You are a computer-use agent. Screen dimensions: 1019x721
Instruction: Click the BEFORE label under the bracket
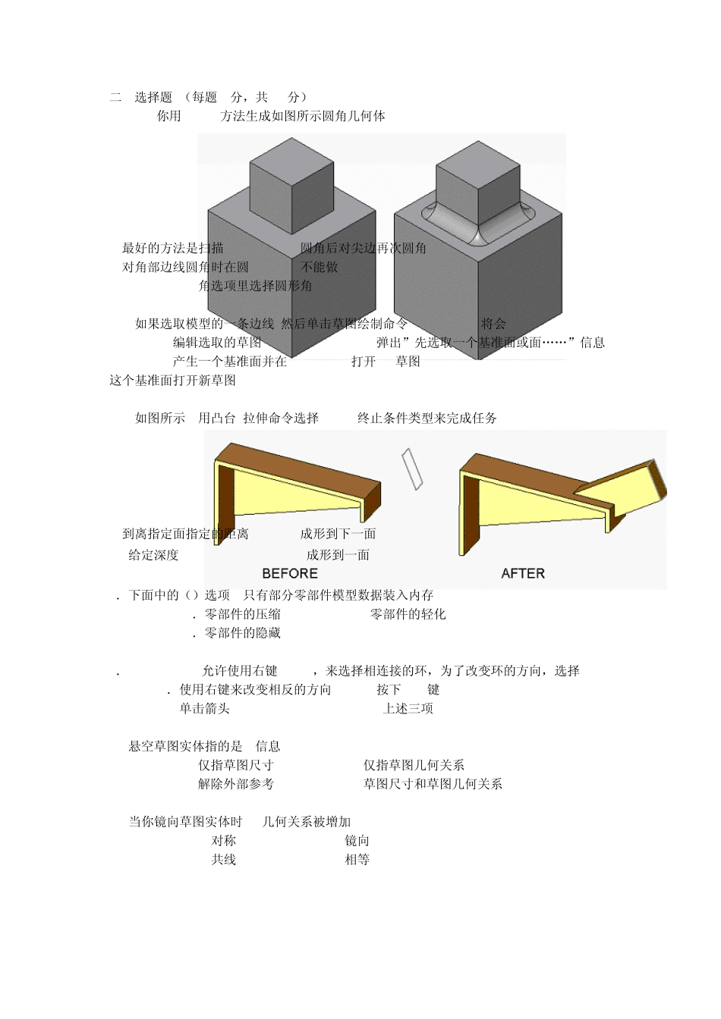tap(290, 573)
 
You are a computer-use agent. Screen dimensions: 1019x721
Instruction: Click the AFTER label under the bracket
tap(523, 573)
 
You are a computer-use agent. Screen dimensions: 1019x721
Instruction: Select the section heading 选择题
tap(153, 97)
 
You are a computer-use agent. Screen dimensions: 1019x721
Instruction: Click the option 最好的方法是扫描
tap(173, 248)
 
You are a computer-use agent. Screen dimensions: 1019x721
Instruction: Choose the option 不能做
tap(320, 267)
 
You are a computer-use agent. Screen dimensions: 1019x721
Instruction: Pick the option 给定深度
tap(153, 555)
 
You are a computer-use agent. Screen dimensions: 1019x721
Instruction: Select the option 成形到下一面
tap(338, 534)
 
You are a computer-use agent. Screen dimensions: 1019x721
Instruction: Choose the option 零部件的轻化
tap(408, 614)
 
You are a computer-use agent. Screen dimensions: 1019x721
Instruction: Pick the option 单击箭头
tap(204, 709)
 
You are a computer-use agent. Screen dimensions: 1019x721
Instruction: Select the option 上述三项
tap(408, 709)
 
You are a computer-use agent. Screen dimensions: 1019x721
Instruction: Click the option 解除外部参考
tap(236, 784)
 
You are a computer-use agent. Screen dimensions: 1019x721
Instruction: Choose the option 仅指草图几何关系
tap(414, 766)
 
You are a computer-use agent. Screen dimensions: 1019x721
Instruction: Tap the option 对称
tap(223, 841)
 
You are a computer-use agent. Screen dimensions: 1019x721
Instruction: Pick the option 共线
tap(223, 860)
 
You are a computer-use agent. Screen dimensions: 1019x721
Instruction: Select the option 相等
tap(357, 860)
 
